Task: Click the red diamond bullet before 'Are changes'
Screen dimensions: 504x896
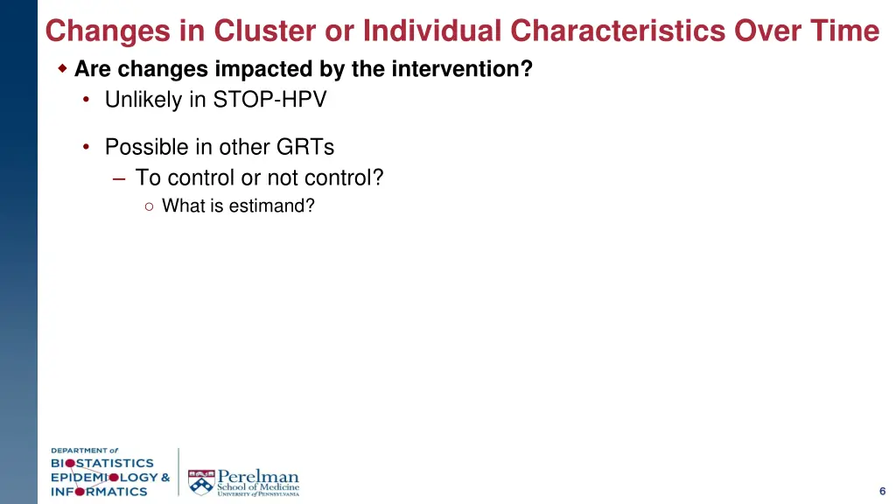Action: point(62,68)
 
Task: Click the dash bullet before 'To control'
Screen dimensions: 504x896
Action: point(119,178)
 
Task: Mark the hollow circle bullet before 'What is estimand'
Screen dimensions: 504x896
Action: point(150,206)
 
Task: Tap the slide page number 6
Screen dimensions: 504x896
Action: point(882,490)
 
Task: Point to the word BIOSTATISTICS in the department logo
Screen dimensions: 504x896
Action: point(101,463)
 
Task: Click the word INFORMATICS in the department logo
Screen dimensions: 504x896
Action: point(99,491)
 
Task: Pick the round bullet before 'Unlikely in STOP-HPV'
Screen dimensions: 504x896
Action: point(87,100)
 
